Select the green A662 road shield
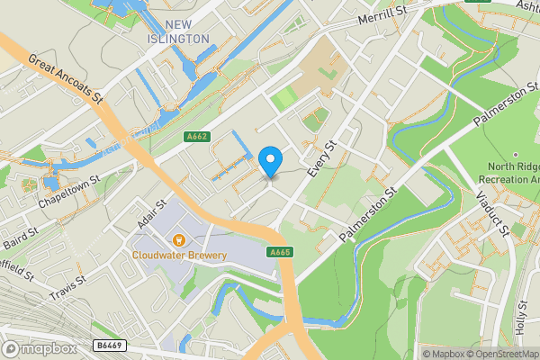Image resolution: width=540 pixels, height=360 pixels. point(196,137)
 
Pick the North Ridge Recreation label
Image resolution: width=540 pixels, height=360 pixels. point(512,173)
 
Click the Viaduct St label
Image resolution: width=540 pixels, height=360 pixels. point(493,212)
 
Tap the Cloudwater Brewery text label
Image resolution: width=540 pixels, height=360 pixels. point(180,255)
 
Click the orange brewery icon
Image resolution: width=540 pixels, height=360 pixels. point(179,239)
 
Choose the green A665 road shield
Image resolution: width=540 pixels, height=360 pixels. point(280,253)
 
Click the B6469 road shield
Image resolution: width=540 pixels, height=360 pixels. point(108,345)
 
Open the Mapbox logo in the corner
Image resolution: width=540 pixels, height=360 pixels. point(40,348)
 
